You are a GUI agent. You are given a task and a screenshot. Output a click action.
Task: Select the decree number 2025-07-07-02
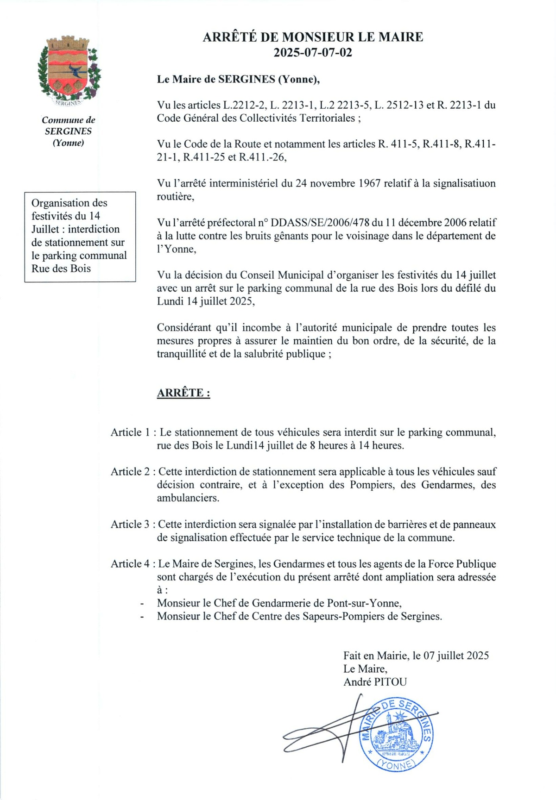click(313, 52)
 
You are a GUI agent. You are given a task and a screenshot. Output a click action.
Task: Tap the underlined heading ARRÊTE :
click(183, 393)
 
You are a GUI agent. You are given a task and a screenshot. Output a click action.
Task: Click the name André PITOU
click(375, 682)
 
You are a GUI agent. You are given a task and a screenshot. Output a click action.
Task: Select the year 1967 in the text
click(370, 183)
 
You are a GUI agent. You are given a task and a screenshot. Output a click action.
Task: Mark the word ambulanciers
click(188, 498)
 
